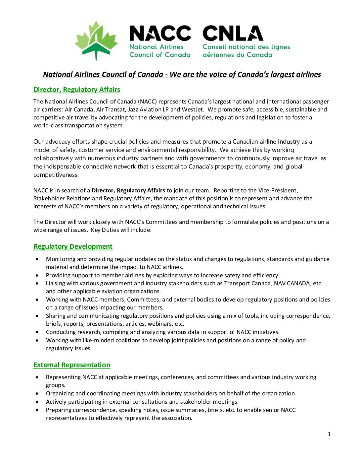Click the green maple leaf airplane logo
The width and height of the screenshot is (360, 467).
pyautogui.click(x=96, y=40)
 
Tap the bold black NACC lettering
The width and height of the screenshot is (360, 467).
pyautogui.click(x=160, y=33)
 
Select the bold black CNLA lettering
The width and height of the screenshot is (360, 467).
pyautogui.click(x=233, y=33)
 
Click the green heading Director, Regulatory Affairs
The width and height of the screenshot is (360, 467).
pyautogui.click(x=77, y=90)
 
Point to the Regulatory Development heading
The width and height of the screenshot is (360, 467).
pyautogui.click(x=73, y=246)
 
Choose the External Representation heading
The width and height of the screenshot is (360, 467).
pyautogui.click(x=72, y=365)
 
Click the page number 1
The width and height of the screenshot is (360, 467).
pyautogui.click(x=329, y=434)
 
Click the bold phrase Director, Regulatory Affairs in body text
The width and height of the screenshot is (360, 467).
pyautogui.click(x=128, y=190)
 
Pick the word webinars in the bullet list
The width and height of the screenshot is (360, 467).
pyautogui.click(x=161, y=324)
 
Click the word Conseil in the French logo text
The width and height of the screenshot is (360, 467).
pyautogui.click(x=215, y=47)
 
